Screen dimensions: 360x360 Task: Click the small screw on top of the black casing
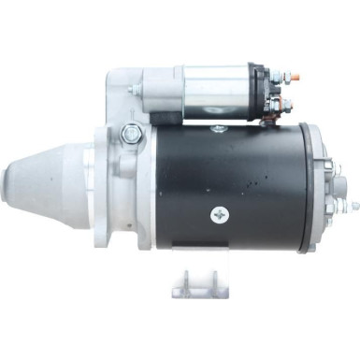pos(217,128)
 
